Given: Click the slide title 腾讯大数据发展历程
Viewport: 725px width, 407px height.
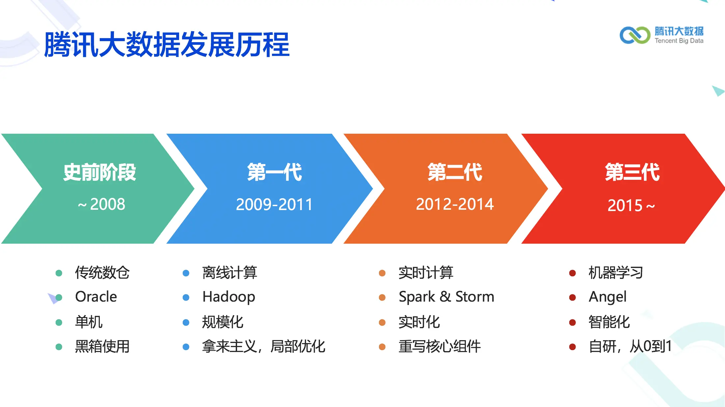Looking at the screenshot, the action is [167, 44].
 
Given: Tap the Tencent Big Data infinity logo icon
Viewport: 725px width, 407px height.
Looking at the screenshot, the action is [635, 35].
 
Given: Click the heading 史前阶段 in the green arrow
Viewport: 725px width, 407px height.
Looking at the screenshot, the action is [99, 172].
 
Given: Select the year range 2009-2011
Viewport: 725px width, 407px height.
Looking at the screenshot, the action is [274, 204].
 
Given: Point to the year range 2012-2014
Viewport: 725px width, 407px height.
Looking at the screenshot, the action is [455, 204].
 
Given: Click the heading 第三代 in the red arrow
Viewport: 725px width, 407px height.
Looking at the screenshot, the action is [632, 172].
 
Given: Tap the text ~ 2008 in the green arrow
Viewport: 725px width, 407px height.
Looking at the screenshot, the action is [101, 204].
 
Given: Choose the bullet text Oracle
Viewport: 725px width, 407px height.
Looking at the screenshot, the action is [96, 297].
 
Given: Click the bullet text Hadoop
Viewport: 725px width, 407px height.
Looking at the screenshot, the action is [229, 297].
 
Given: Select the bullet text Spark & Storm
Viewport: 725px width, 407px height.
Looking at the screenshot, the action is [446, 297].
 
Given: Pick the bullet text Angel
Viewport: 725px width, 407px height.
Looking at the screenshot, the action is [607, 297].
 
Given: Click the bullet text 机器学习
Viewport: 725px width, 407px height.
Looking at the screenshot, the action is [616, 273].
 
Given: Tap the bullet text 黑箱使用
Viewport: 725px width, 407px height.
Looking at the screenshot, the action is [102, 346].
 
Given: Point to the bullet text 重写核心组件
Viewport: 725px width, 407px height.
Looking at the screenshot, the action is [440, 346].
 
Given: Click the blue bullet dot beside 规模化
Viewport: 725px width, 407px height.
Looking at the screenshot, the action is [186, 322].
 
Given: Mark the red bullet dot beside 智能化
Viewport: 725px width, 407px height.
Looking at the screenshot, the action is [573, 322].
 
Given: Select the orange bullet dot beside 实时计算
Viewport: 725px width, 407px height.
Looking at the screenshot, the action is [382, 273].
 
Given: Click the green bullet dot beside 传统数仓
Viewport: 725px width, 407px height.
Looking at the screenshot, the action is [59, 273].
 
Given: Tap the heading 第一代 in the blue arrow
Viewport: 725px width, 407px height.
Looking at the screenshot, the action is [274, 172].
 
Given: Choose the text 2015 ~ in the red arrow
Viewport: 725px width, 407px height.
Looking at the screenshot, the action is [631, 205].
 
